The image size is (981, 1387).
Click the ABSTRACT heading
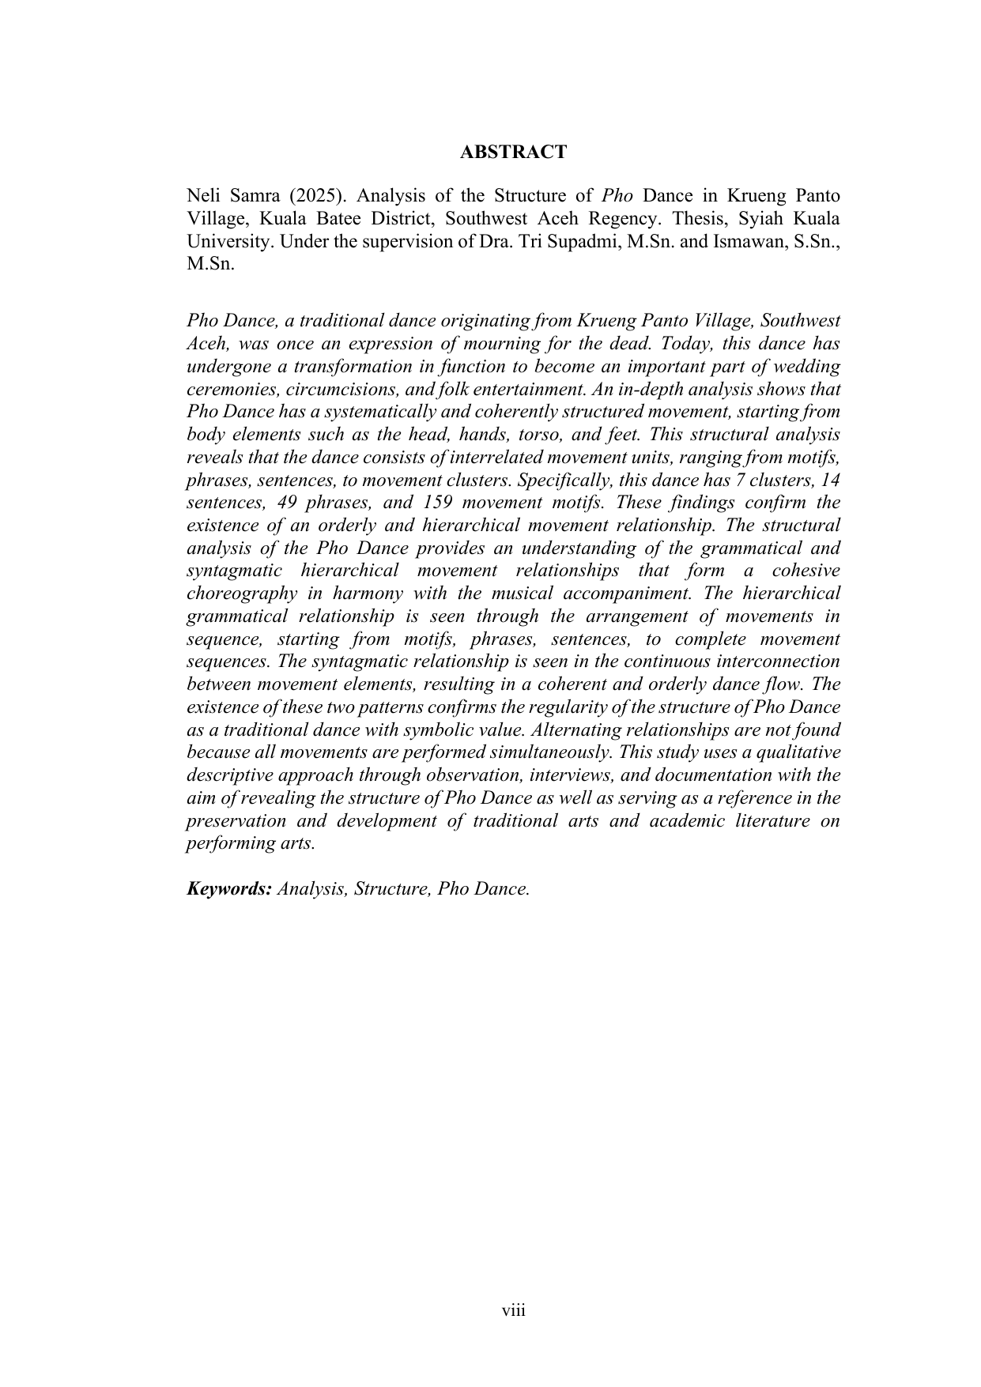(513, 153)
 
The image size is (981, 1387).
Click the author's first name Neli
(202, 196)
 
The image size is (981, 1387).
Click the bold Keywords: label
(229, 889)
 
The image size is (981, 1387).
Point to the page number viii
(514, 1311)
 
